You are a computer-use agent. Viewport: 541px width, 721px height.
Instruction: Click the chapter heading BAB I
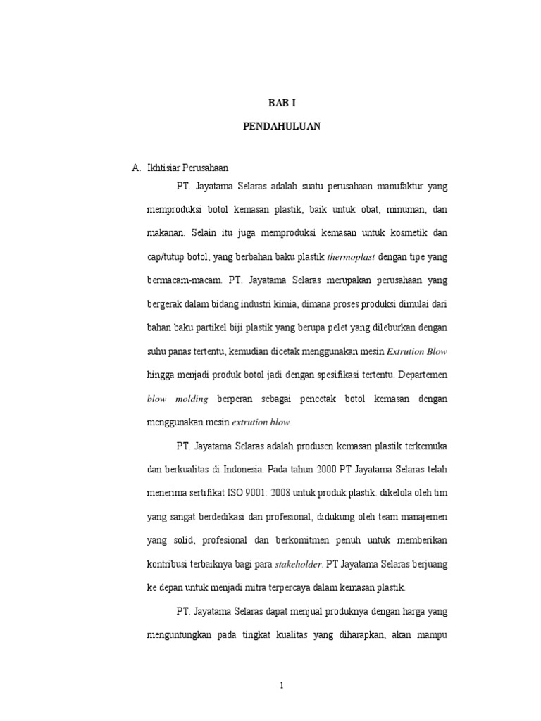click(282, 102)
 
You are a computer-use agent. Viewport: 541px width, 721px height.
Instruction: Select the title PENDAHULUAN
click(282, 126)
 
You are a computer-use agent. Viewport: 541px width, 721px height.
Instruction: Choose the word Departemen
click(420, 375)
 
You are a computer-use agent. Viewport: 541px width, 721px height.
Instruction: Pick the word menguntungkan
click(185, 634)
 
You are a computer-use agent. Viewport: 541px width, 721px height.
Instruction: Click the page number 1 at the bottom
click(282, 686)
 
